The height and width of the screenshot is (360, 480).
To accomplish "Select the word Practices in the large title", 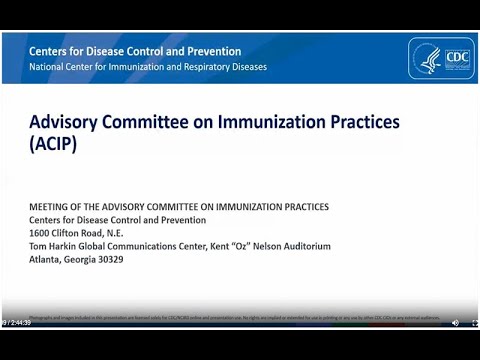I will pyautogui.click(x=364, y=121).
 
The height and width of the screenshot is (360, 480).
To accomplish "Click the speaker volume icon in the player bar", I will pyautogui.click(x=455, y=323).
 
